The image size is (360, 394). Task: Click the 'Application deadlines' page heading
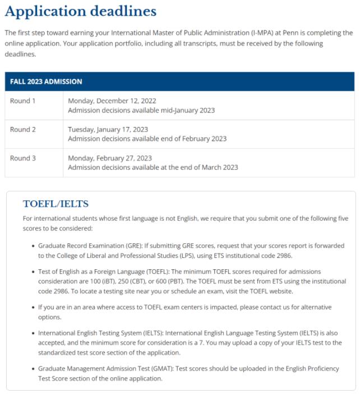pos(81,11)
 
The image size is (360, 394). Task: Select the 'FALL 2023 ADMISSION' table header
pos(46,82)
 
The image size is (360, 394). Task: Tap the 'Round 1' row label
pos(22,101)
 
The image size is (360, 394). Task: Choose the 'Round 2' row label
pos(22,130)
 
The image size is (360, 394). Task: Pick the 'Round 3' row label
pos(22,158)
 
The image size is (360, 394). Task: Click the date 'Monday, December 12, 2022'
pos(112,101)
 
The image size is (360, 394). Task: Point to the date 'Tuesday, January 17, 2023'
pos(108,130)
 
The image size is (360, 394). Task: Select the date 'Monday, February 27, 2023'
pos(110,158)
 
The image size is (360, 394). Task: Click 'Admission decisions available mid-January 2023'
pos(141,110)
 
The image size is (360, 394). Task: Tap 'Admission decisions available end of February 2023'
pos(147,139)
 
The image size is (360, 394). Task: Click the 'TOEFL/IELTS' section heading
pos(56,204)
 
